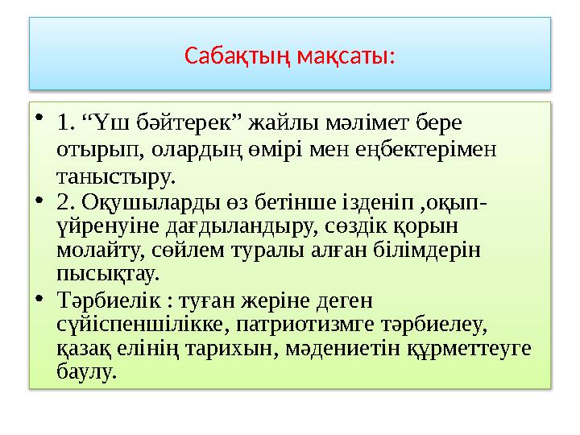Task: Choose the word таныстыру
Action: coord(116,175)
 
